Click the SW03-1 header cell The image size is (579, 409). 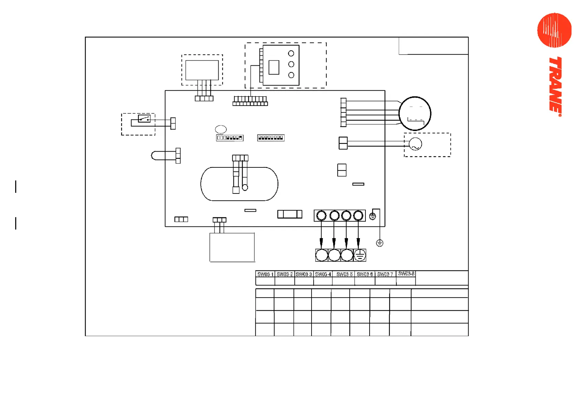tap(265, 274)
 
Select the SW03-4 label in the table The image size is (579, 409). tap(323, 274)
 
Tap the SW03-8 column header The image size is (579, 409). tap(406, 274)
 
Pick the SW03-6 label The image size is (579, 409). tap(365, 274)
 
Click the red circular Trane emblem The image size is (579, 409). tap(554, 30)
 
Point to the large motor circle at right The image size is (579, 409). tap(415, 113)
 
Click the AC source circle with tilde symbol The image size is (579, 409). tap(415, 144)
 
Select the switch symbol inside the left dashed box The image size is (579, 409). tap(144, 119)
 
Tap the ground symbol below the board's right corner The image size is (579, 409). tap(380, 243)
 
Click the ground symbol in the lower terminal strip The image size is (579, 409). tap(360, 255)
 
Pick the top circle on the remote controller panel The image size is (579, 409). tap(291, 54)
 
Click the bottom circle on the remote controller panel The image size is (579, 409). tap(291, 75)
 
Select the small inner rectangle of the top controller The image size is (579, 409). tap(274, 67)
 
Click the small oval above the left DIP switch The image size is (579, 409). tap(221, 129)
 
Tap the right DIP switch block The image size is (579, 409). tap(271, 138)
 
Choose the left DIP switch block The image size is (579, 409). tap(230, 138)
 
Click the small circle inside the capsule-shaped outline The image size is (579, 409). tap(245, 188)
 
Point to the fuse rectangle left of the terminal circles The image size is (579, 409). tap(289, 214)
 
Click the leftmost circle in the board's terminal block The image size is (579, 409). tap(321, 215)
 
